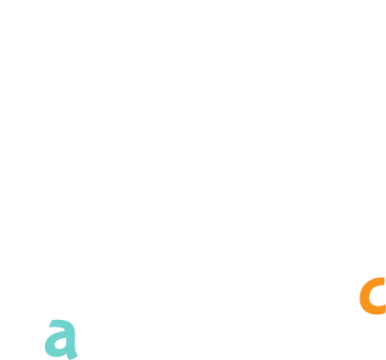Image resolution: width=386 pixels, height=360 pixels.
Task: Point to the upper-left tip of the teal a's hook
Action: click(x=51, y=323)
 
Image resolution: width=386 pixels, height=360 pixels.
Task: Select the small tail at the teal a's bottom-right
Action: click(x=73, y=356)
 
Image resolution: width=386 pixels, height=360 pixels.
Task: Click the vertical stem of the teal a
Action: click(x=71, y=341)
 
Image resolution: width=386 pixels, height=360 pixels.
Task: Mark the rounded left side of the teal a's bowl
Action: click(x=49, y=345)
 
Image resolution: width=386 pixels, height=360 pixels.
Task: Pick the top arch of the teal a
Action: click(x=62, y=323)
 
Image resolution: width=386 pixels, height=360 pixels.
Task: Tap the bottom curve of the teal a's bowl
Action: click(x=57, y=353)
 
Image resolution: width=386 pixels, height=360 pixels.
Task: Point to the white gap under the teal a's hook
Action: click(x=57, y=329)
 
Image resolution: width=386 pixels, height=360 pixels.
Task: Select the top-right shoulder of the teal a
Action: click(x=73, y=326)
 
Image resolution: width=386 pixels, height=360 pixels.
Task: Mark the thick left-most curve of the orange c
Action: click(x=364, y=296)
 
